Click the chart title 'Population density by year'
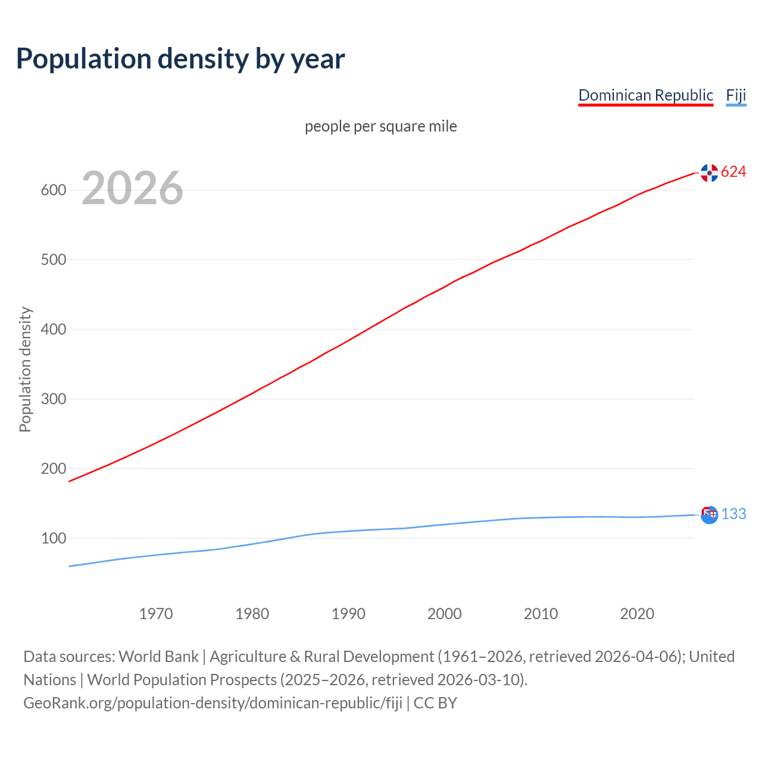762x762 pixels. pos(180,59)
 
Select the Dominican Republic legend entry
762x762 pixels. pos(645,95)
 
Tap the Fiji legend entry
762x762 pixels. pos(736,95)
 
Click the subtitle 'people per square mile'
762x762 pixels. pos(380,126)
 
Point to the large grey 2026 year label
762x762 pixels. pos(132,188)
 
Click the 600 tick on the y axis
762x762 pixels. pos(53,190)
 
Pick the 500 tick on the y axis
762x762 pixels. pos(53,260)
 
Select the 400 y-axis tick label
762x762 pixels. pos(53,330)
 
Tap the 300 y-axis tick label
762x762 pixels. pos(53,399)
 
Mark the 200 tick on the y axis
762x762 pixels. pos(53,469)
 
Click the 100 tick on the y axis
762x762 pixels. pos(53,539)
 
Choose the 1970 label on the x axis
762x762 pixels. pos(156,614)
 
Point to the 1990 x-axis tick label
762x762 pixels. pos(348,614)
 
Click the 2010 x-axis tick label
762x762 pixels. pos(541,614)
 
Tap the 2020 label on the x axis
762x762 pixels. pos(637,614)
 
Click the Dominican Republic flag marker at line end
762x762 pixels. pos(709,173)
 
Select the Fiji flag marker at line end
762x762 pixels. pos(709,514)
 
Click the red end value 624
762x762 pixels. pos(733,172)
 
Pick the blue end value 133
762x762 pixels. pos(733,514)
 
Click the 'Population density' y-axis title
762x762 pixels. pos(25,369)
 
